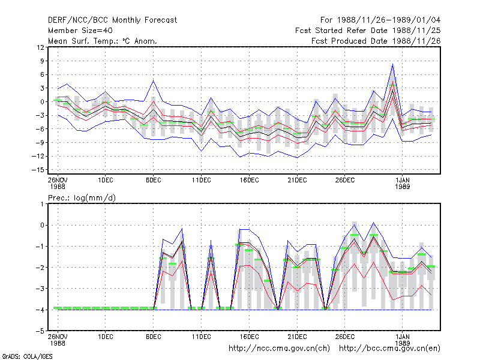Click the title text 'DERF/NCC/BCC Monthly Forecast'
[112, 20]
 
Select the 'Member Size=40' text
[80, 31]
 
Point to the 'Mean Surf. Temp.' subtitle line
[103, 41]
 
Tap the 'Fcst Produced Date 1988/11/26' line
[376, 41]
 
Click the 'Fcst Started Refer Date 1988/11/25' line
[368, 31]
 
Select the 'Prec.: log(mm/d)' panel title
[82, 198]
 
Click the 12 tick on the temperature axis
[40, 47]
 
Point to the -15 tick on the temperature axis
[38, 170]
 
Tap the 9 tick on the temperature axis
[42, 61]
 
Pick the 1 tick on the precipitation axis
[42, 204]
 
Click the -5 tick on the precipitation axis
[40, 331]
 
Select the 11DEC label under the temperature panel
[202, 180]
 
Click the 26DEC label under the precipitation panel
[345, 337]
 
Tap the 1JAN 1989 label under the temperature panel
[402, 183]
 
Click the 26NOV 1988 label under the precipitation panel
[58, 340]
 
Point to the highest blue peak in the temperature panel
[393, 64]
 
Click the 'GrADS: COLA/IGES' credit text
[27, 356]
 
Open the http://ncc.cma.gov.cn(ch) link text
[279, 349]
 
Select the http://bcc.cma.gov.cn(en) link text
[389, 349]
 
